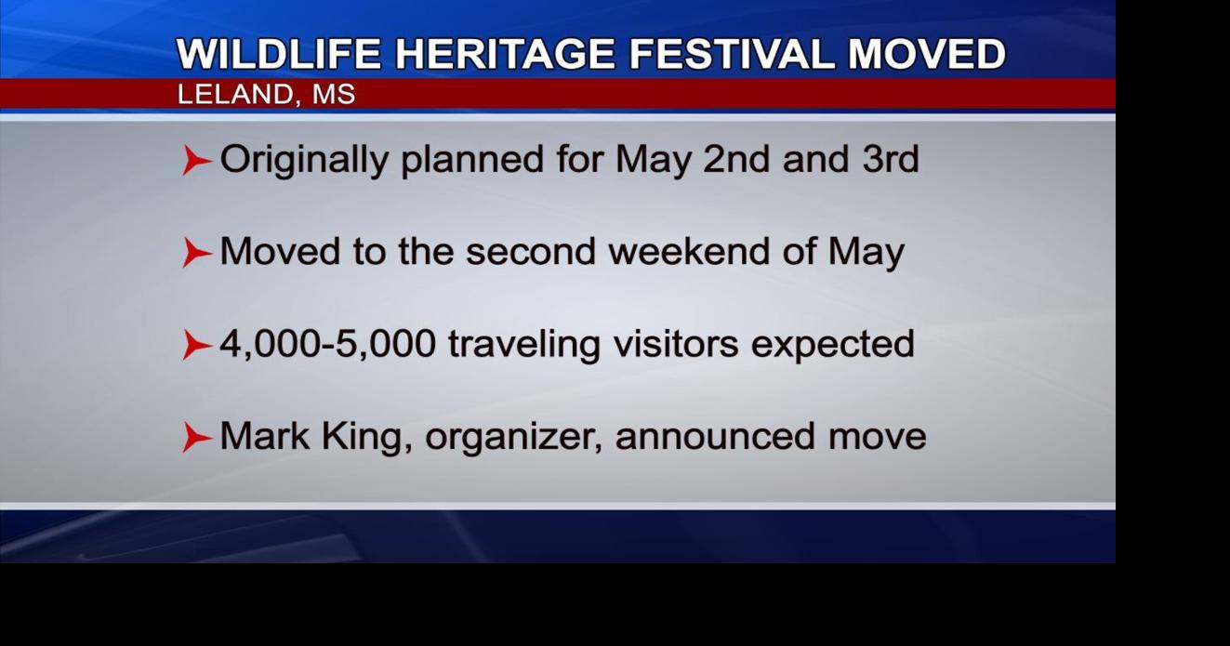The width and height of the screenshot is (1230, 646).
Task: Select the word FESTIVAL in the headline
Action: click(734, 54)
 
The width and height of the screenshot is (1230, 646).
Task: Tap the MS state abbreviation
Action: click(333, 95)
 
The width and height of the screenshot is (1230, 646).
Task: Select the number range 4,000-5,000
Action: click(327, 344)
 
